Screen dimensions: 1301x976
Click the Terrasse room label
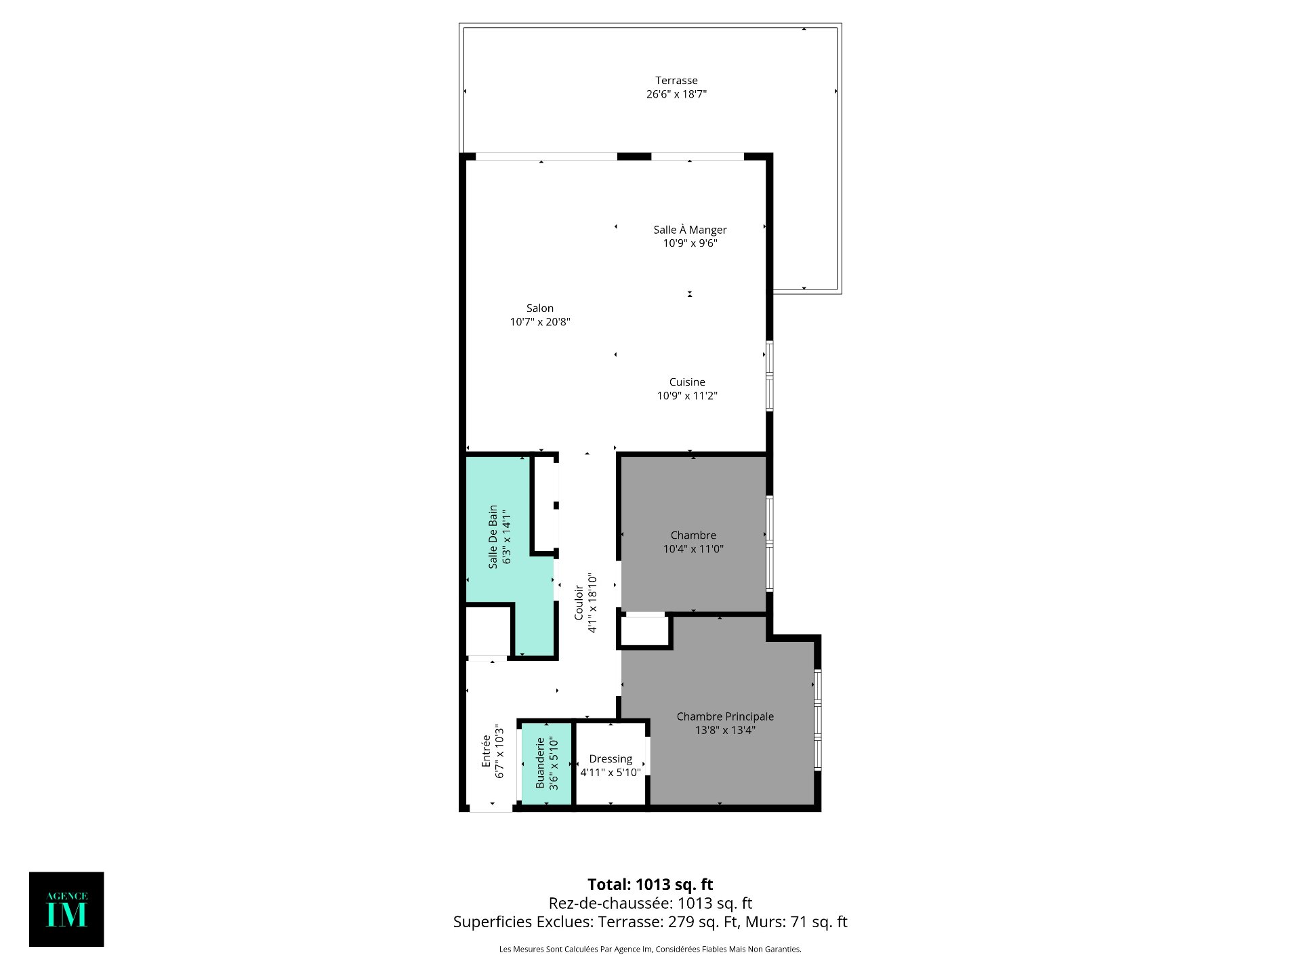coord(676,81)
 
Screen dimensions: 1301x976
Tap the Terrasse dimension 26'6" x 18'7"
coord(676,94)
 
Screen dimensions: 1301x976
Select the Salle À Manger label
coord(690,230)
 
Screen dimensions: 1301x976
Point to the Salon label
coord(540,308)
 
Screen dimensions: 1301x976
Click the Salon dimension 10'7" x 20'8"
coord(540,322)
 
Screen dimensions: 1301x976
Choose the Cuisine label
coord(687,382)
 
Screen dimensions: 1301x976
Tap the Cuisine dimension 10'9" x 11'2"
coord(687,396)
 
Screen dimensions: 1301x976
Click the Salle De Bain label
coord(493,537)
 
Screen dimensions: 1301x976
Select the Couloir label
coord(579,603)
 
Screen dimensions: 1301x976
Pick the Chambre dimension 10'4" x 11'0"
coord(693,549)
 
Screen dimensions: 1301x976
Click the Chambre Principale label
coord(725,716)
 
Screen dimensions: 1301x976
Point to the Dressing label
coord(611,759)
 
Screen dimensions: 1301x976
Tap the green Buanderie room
coord(546,763)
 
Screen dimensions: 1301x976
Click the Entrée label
coord(486,751)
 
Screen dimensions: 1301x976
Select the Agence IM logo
coord(66,909)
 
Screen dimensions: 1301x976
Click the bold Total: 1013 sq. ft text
coord(650,884)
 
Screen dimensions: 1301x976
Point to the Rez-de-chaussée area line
coord(650,903)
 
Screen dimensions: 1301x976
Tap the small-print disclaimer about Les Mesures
coord(650,950)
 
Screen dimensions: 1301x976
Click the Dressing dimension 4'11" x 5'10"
coord(611,773)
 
